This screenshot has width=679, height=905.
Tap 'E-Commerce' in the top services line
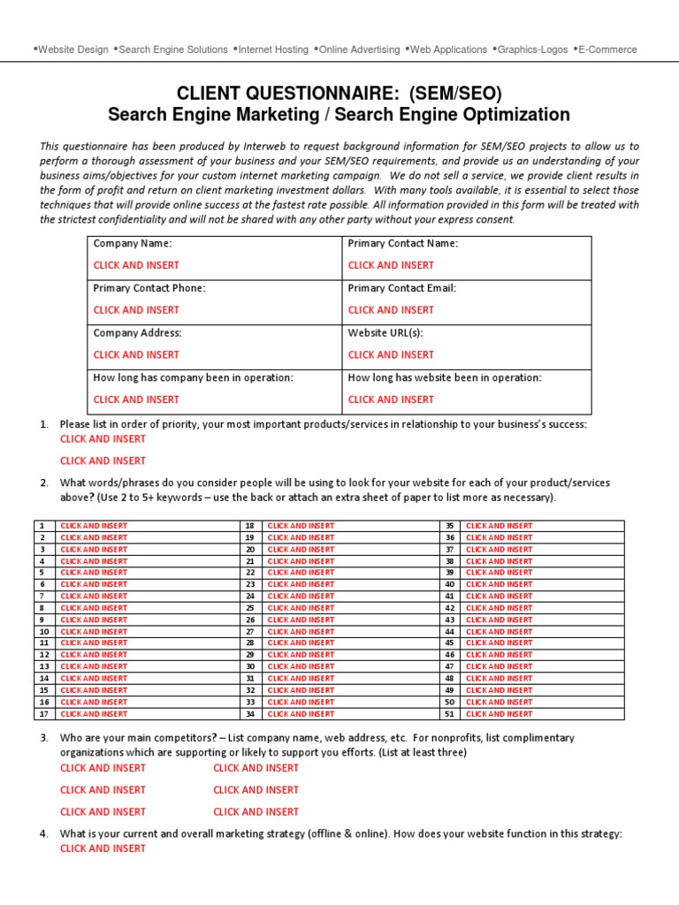(x=607, y=49)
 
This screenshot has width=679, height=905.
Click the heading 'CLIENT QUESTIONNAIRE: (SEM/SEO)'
(x=339, y=94)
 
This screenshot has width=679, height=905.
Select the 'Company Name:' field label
(x=133, y=243)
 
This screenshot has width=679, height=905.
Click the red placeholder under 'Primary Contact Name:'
(x=391, y=265)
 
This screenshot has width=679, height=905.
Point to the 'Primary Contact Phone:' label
(x=149, y=288)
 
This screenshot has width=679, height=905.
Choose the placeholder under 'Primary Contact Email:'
(x=391, y=310)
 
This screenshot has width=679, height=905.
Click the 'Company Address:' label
(x=137, y=332)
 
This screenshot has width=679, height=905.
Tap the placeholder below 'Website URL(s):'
(x=391, y=354)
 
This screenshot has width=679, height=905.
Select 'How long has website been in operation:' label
(x=445, y=377)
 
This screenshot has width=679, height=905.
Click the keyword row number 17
(x=42, y=713)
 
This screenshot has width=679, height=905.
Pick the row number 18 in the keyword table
(x=250, y=526)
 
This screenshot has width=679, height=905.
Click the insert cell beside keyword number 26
(x=301, y=620)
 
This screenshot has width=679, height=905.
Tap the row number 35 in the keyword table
(x=449, y=526)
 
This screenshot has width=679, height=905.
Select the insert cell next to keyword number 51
(x=500, y=713)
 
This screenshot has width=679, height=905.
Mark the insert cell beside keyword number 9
(x=94, y=620)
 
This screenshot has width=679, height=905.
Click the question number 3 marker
(x=43, y=737)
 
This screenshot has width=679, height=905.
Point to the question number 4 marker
(x=43, y=833)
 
